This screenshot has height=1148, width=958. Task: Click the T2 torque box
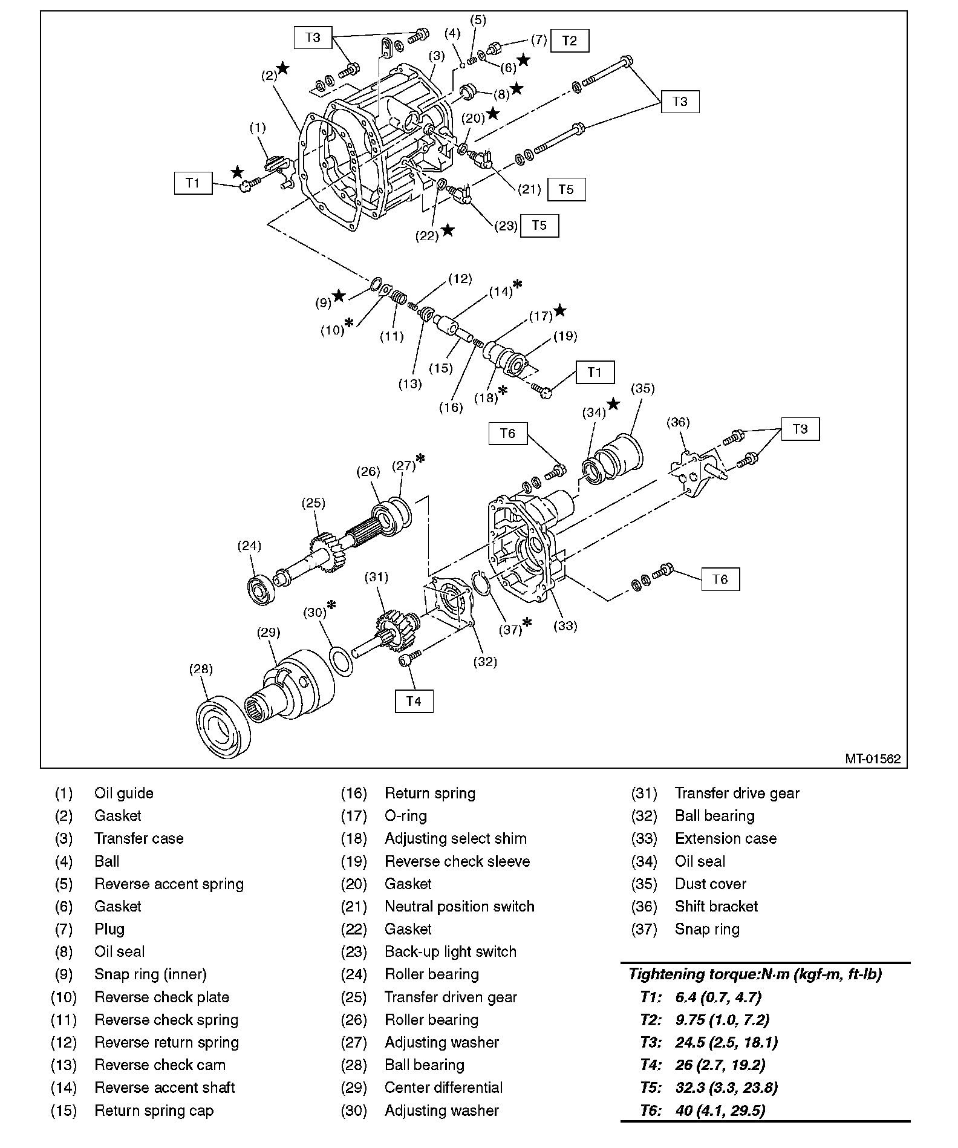(x=569, y=41)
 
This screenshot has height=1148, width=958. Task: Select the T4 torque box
(x=414, y=701)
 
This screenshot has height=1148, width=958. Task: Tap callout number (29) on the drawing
(x=269, y=633)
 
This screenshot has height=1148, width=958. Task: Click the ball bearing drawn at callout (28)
(x=223, y=728)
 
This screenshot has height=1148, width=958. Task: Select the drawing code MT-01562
(x=872, y=758)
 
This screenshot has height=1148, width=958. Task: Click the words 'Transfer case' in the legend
(x=138, y=838)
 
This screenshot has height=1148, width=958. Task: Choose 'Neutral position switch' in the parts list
(x=459, y=906)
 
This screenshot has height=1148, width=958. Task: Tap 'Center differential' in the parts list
(x=443, y=1088)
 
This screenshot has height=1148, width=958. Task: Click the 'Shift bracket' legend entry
(x=716, y=906)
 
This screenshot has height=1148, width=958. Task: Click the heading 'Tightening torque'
(x=755, y=974)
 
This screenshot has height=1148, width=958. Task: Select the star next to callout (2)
(x=282, y=68)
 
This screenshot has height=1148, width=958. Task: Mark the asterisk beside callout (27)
(x=420, y=459)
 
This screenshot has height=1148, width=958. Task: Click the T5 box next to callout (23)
(x=539, y=225)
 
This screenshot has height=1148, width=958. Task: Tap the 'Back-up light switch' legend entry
(x=451, y=951)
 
